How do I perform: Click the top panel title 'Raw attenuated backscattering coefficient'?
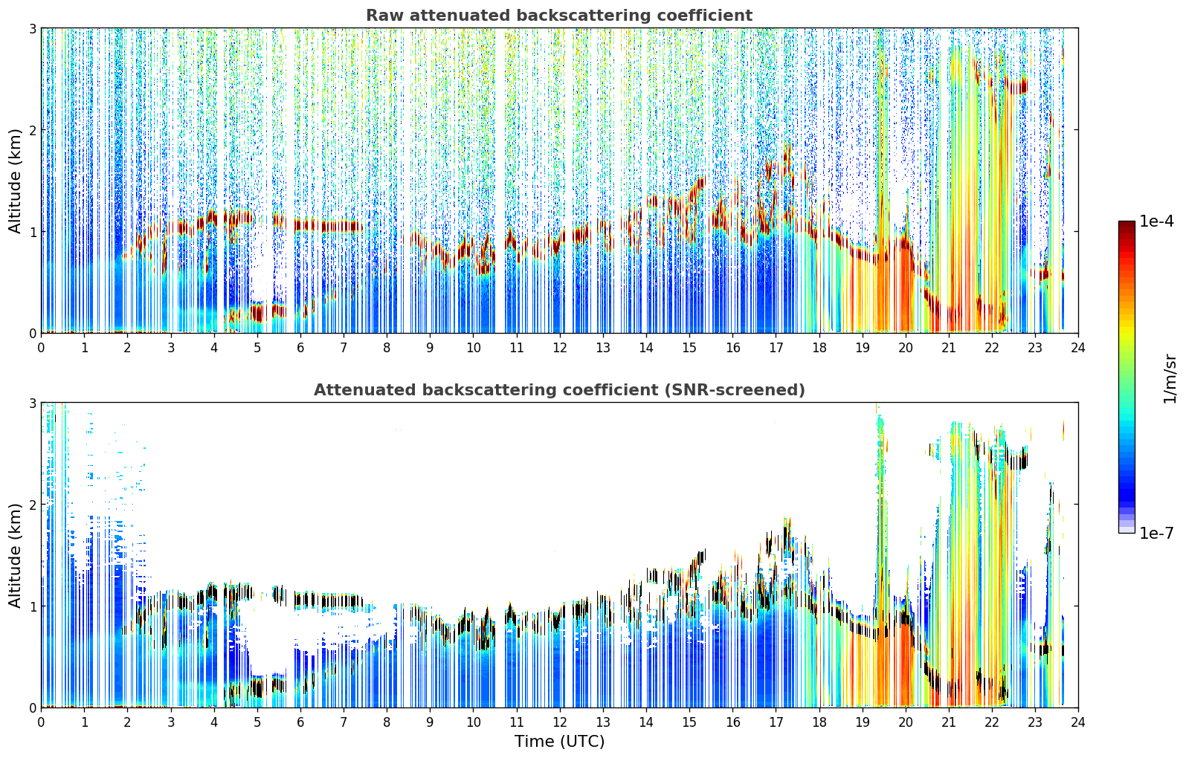[x=559, y=16]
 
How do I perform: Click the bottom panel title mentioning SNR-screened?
[x=559, y=390]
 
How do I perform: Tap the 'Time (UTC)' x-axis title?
[x=559, y=742]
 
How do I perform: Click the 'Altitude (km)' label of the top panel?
[x=15, y=181]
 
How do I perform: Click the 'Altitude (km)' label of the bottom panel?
[x=15, y=556]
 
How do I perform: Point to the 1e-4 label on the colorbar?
[x=1156, y=221]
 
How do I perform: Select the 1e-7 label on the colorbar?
[x=1156, y=533]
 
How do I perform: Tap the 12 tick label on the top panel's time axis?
[x=560, y=348]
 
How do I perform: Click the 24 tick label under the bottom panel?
[x=1078, y=722]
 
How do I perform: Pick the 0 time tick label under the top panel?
[x=42, y=348]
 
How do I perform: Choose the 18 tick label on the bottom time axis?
[x=819, y=722]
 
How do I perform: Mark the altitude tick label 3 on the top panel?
[x=32, y=28]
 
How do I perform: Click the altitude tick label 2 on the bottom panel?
[x=32, y=505]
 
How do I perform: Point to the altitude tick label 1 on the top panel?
[x=32, y=232]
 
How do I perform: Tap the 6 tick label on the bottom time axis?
[x=300, y=722]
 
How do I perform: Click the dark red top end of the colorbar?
[x=1127, y=224]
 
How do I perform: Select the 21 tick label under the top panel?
[x=949, y=348]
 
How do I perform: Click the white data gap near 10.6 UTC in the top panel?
[x=499, y=180]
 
